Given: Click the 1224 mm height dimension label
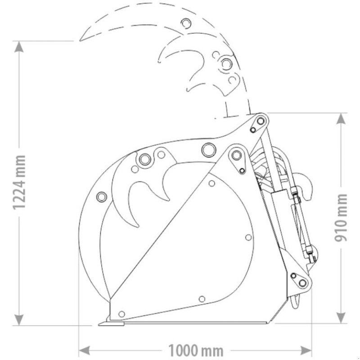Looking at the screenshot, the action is (18, 183).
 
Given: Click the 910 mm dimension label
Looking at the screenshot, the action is (341, 217).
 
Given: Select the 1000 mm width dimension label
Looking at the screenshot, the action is (196, 351).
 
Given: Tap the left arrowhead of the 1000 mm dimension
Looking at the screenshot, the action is (84, 351).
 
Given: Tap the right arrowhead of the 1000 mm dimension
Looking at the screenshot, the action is (306, 351).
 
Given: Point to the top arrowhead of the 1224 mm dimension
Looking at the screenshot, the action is (19, 47).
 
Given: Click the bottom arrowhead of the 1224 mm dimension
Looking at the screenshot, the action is (19, 319).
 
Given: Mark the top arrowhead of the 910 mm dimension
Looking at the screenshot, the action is (341, 119).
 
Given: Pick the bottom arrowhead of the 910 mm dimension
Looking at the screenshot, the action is (341, 317).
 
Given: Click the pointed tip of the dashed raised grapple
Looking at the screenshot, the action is (80, 40).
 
